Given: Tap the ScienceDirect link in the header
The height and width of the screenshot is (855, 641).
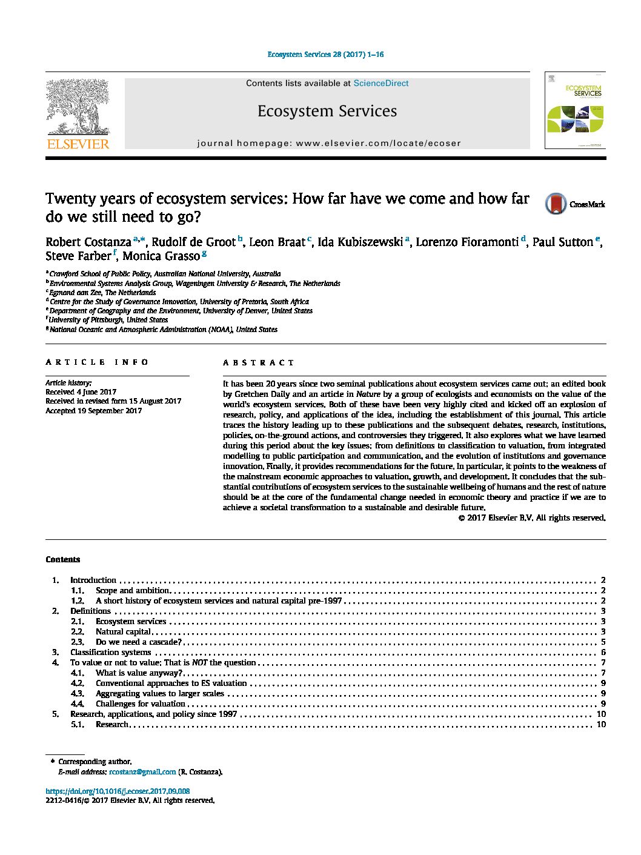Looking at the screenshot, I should tap(380, 84).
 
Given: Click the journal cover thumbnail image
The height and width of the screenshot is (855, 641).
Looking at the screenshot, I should tap(574, 110).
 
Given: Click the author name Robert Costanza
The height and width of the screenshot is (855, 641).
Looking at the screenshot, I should tap(88, 242).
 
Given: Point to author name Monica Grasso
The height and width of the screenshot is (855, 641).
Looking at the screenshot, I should tap(161, 256).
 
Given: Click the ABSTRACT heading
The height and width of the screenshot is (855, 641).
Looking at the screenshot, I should tap(258, 363).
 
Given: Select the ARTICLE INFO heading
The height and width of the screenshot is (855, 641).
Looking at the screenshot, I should tap(97, 362).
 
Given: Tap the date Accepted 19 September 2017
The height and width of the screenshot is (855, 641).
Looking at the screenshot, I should tap(94, 411).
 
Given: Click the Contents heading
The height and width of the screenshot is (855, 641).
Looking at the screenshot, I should tap(63, 560).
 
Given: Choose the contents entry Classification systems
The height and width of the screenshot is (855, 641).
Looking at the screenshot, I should tap(110, 653).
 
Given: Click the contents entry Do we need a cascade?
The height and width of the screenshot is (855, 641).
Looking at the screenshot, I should tap(138, 642).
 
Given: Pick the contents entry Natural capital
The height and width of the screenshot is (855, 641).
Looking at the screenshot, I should tap(123, 632).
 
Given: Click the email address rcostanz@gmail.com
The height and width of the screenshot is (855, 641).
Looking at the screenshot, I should tap(142, 772).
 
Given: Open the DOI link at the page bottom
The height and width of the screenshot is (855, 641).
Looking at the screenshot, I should tap(118, 791).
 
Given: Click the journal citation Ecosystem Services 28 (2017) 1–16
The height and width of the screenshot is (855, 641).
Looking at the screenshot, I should tap(325, 55).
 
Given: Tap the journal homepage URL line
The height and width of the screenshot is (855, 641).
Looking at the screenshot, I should tap(329, 144).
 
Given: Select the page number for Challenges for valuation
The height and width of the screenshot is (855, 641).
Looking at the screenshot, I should tap(603, 704).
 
